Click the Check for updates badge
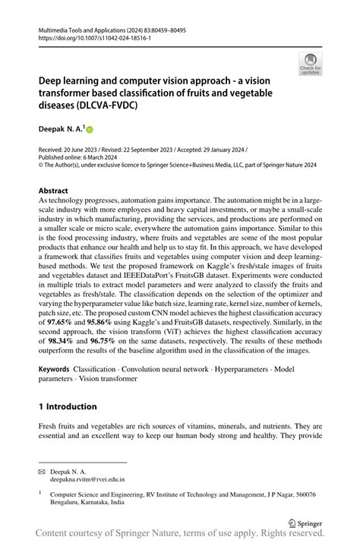click(x=310, y=65)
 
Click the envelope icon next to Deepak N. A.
click(x=43, y=471)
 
